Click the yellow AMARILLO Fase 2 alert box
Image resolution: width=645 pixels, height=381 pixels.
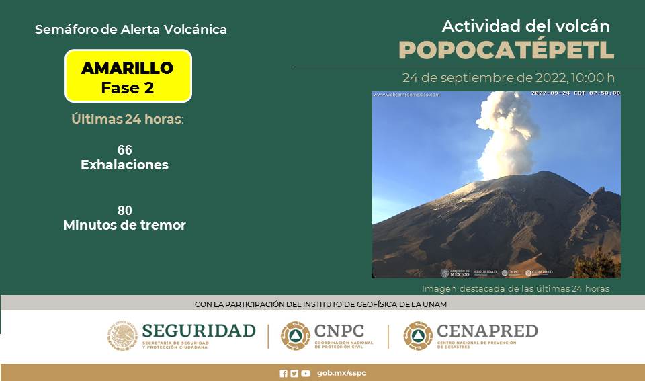click(128, 76)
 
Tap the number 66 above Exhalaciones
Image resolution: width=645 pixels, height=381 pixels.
click(124, 150)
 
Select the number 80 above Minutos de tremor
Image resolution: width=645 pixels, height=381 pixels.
click(124, 210)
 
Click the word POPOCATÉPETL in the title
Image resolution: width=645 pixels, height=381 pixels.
click(506, 50)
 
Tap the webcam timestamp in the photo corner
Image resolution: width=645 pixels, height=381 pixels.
click(575, 93)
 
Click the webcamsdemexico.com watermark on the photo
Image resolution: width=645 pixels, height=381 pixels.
click(407, 95)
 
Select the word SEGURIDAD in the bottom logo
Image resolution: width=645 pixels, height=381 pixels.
click(199, 331)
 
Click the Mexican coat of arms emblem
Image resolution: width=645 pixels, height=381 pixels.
click(122, 335)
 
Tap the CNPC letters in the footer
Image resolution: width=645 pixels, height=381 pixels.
click(339, 331)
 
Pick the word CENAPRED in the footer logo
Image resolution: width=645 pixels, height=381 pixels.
click(487, 331)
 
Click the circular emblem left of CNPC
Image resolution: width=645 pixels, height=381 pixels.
click(295, 335)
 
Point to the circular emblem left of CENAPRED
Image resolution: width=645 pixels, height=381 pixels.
click(418, 335)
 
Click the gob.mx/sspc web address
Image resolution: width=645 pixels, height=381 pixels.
click(341, 373)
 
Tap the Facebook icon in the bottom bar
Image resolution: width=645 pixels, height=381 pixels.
click(284, 374)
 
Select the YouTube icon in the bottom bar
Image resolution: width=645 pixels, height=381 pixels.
click(306, 374)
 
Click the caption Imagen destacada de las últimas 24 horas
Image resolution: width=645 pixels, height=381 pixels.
click(515, 288)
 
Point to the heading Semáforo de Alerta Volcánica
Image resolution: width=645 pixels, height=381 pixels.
click(130, 30)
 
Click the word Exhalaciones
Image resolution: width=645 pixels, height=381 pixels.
click(124, 165)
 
